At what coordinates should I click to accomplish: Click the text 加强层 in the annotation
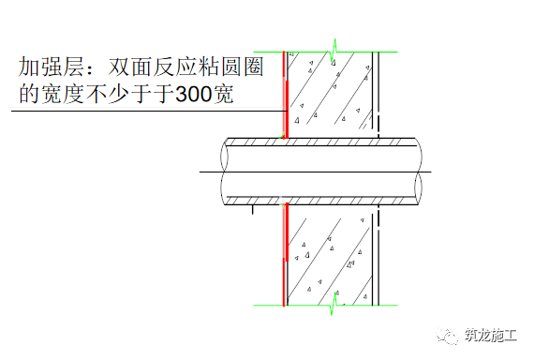(49, 67)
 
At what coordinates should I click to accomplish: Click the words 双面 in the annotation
(127, 67)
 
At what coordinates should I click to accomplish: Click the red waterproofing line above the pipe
(284, 94)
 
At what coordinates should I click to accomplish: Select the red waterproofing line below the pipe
(284, 253)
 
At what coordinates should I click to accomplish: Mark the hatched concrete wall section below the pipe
(328, 253)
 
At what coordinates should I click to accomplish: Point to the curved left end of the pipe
(224, 172)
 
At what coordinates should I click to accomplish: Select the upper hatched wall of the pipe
(319, 143)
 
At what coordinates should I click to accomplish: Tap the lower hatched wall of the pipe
(319, 200)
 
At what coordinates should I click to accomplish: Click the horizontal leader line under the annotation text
(141, 112)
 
